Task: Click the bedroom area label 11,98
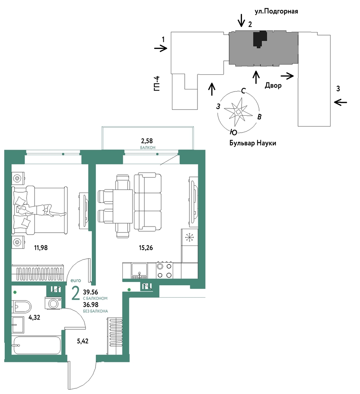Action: [41, 248]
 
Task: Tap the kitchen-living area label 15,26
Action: [146, 248]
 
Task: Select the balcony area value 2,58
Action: [147, 141]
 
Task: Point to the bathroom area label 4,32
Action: [34, 318]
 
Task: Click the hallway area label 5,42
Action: [83, 341]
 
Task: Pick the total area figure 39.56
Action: [91, 292]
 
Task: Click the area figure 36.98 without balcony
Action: [91, 305]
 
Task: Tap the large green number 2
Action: [75, 294]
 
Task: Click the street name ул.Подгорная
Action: [276, 11]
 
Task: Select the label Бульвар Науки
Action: [253, 143]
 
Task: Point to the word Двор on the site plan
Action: [273, 85]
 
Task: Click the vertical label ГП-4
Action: [157, 84]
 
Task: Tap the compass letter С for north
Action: [243, 91]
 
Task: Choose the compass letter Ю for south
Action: [234, 132]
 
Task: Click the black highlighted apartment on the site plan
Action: [259, 39]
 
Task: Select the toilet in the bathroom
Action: [21, 307]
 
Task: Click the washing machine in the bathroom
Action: [53, 303]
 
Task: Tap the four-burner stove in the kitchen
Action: [164, 270]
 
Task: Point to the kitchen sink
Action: [139, 270]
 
